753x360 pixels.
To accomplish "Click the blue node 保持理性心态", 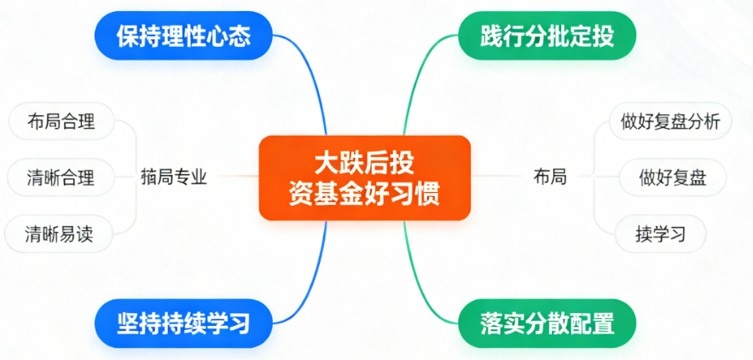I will (x=182, y=38).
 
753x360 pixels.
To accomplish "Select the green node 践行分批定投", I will (x=547, y=38).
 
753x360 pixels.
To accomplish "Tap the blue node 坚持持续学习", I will (x=182, y=324).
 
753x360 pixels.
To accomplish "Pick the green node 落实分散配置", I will (x=547, y=324).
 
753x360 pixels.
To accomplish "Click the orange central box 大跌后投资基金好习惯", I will (x=364, y=177).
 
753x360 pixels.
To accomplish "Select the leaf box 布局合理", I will (x=61, y=121).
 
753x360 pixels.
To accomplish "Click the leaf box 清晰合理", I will (x=61, y=178).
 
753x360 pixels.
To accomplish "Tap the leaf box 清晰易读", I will (x=61, y=235).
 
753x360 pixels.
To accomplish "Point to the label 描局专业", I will (x=174, y=178).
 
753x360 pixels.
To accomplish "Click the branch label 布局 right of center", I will (x=550, y=178).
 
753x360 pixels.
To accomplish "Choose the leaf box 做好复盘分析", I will (x=671, y=121).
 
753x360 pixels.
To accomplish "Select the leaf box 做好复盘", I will (x=671, y=178).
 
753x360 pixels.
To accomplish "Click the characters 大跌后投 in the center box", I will (x=365, y=162).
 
